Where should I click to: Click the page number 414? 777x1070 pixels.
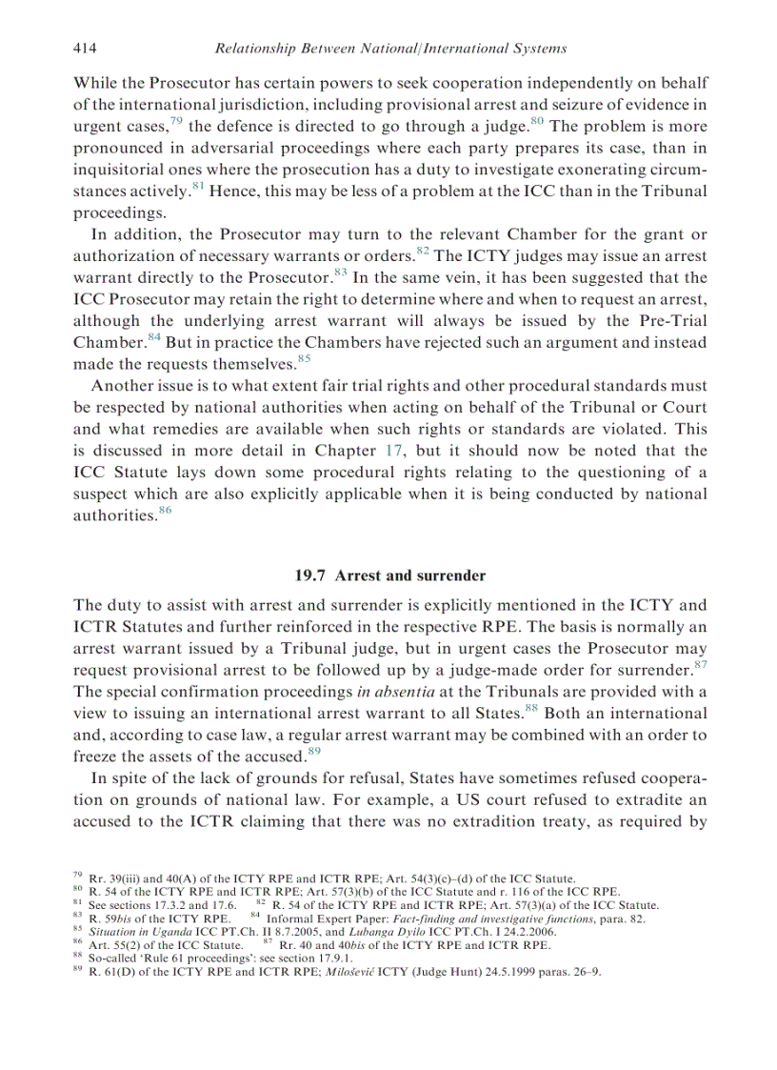point(86,48)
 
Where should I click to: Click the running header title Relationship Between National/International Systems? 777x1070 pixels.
point(390,48)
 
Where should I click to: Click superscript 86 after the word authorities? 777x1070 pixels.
point(165,511)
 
